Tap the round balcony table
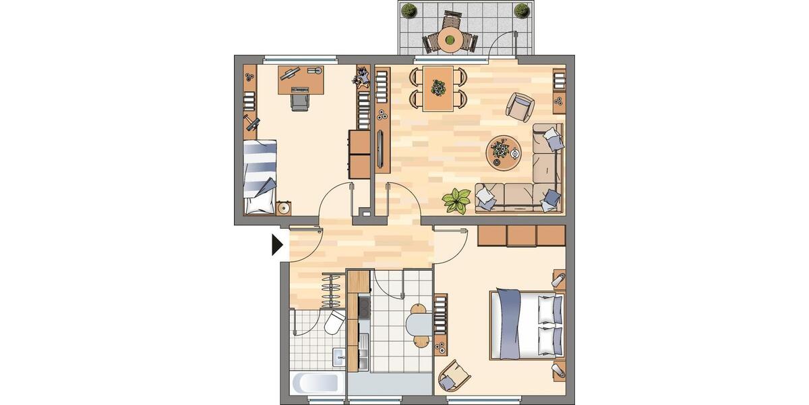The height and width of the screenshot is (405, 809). pyautogui.click(x=450, y=40)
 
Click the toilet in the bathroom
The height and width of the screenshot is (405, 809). pyautogui.click(x=335, y=325)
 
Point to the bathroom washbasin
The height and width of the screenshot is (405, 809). pyautogui.click(x=338, y=356)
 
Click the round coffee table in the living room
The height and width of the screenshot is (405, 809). pyautogui.click(x=503, y=151)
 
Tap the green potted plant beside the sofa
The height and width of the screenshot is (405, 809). pyautogui.click(x=456, y=200)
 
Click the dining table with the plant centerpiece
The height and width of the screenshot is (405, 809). pyautogui.click(x=439, y=88)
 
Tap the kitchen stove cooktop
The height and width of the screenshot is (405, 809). pyautogui.click(x=365, y=307)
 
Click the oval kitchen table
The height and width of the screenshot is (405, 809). pyautogui.click(x=420, y=324)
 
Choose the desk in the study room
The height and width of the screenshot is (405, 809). pyautogui.click(x=301, y=79)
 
